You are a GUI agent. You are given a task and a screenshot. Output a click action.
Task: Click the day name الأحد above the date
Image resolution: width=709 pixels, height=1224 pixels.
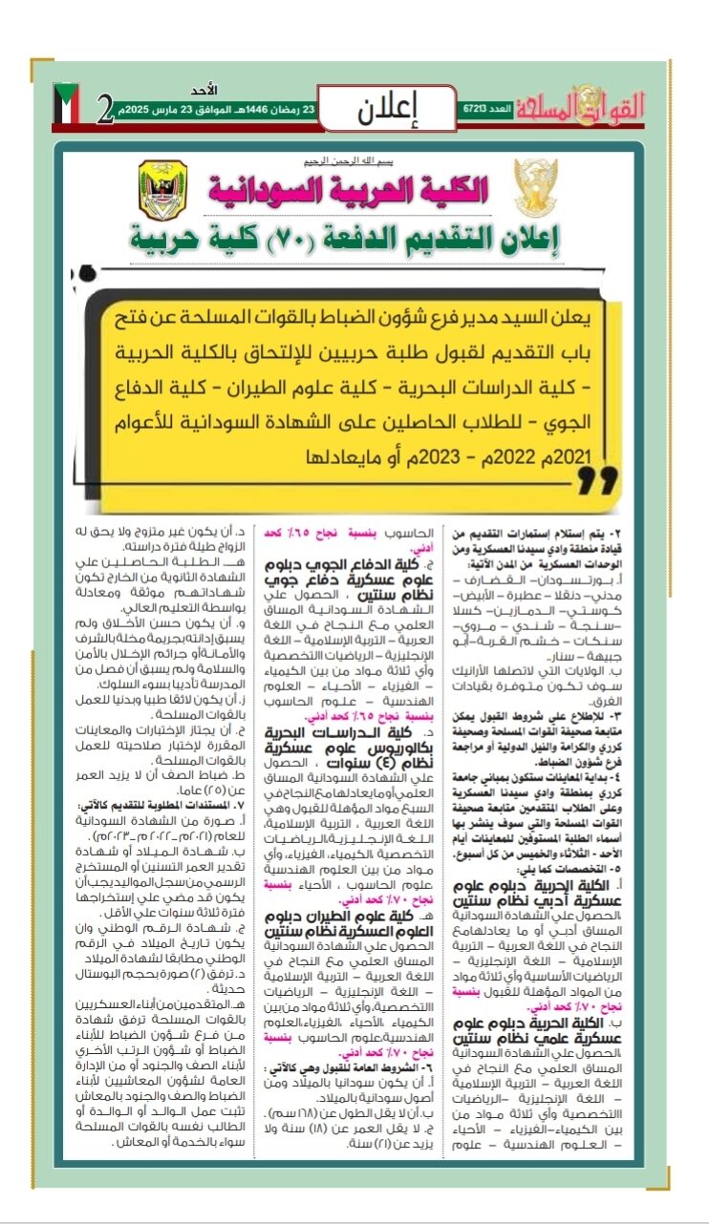tap(205, 89)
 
